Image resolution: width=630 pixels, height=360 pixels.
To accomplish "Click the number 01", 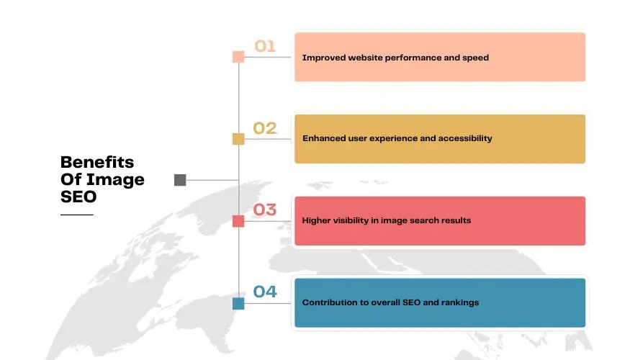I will click(x=265, y=47).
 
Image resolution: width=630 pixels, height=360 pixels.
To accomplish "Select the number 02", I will click(x=265, y=129).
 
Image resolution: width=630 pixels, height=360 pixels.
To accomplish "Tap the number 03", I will click(x=265, y=210).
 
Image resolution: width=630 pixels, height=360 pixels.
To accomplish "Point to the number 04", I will click(x=265, y=292).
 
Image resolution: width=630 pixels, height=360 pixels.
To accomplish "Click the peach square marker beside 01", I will click(x=238, y=57).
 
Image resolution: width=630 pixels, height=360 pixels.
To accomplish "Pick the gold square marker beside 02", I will click(x=238, y=139).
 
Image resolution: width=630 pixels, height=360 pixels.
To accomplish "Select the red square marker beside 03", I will click(x=238, y=221).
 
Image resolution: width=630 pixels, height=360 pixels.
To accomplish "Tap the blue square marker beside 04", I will click(x=238, y=303).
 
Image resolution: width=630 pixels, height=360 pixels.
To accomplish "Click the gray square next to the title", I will click(x=180, y=180).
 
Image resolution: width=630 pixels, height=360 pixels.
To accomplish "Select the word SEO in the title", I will click(x=78, y=197).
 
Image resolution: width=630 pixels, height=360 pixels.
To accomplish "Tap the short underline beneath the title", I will click(x=76, y=215).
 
